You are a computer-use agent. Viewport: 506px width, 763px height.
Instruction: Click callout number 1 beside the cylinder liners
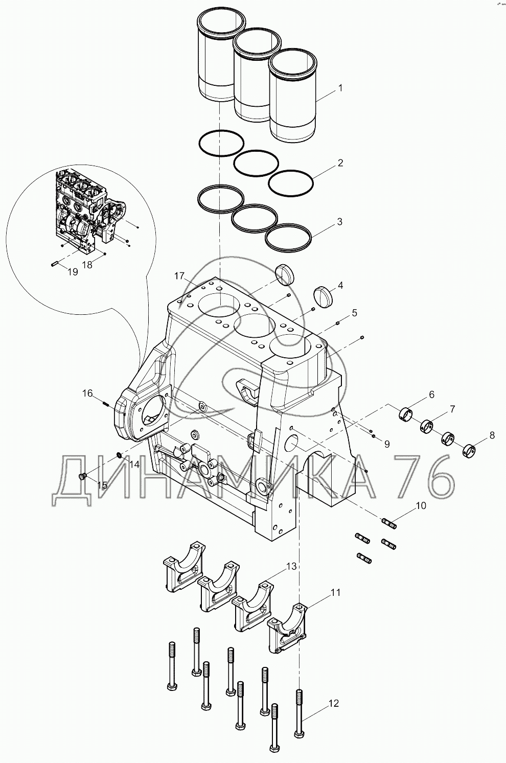click(340, 88)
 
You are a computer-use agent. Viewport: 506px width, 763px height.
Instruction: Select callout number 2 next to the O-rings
click(340, 164)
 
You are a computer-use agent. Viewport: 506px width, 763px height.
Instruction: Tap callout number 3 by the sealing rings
click(339, 222)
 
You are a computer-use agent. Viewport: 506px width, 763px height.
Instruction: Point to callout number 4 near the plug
click(340, 285)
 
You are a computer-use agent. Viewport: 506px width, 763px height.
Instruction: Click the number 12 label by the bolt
click(333, 704)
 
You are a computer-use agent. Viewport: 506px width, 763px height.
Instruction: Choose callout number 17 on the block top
click(179, 276)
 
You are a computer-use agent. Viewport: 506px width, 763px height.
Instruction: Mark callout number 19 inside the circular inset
click(73, 272)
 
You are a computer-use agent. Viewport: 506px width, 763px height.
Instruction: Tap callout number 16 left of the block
click(87, 393)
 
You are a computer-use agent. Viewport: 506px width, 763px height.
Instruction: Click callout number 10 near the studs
click(421, 506)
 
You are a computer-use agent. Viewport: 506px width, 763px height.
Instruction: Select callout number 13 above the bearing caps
click(291, 566)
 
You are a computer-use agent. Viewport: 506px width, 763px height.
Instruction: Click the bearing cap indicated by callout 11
click(287, 627)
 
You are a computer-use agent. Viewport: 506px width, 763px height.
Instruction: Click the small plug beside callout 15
click(80, 477)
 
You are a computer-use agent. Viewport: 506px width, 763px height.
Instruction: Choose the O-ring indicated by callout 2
click(290, 183)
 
